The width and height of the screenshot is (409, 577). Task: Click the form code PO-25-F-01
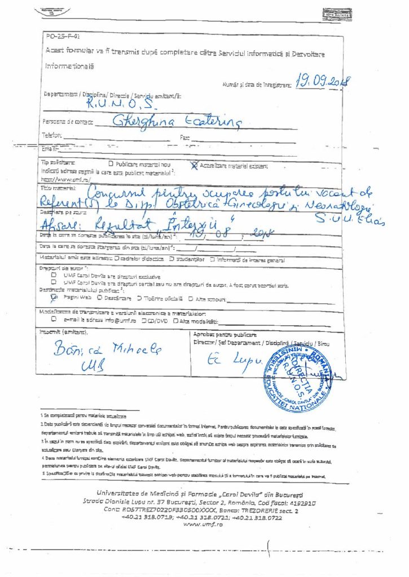(x=59, y=35)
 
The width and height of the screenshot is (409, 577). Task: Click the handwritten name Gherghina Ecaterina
(x=177, y=121)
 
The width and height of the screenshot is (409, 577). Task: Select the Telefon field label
(x=50, y=135)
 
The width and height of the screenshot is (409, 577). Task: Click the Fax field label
(x=184, y=137)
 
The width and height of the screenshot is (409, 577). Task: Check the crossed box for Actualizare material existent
(x=195, y=165)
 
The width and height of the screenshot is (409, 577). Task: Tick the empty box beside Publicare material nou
(x=111, y=164)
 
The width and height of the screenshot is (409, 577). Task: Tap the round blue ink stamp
(x=300, y=374)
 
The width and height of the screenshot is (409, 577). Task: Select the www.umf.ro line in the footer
(x=203, y=523)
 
